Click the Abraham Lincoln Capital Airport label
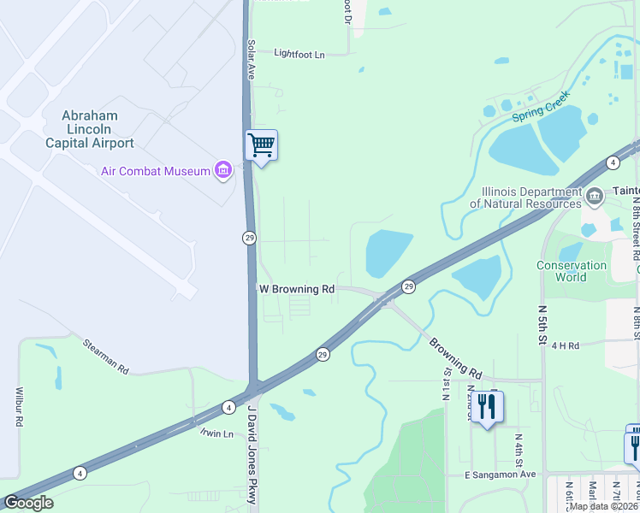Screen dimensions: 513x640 tap(90, 129)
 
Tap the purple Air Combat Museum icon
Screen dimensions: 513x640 tap(223, 171)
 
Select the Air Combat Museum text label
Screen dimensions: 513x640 tap(155, 171)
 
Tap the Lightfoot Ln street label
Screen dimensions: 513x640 tap(299, 54)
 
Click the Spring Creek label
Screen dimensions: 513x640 tap(541, 110)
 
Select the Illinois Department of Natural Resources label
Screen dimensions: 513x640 tap(525, 198)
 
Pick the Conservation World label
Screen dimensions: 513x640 tap(572, 271)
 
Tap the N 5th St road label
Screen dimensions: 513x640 tap(542, 317)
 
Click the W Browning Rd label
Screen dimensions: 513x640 tap(296, 290)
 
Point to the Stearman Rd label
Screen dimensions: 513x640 tap(105, 357)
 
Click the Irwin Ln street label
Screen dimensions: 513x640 tap(216, 433)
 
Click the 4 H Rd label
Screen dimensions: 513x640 tap(566, 345)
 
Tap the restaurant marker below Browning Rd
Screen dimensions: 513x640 tap(487, 407)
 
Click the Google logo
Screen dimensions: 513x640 tap(28, 503)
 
